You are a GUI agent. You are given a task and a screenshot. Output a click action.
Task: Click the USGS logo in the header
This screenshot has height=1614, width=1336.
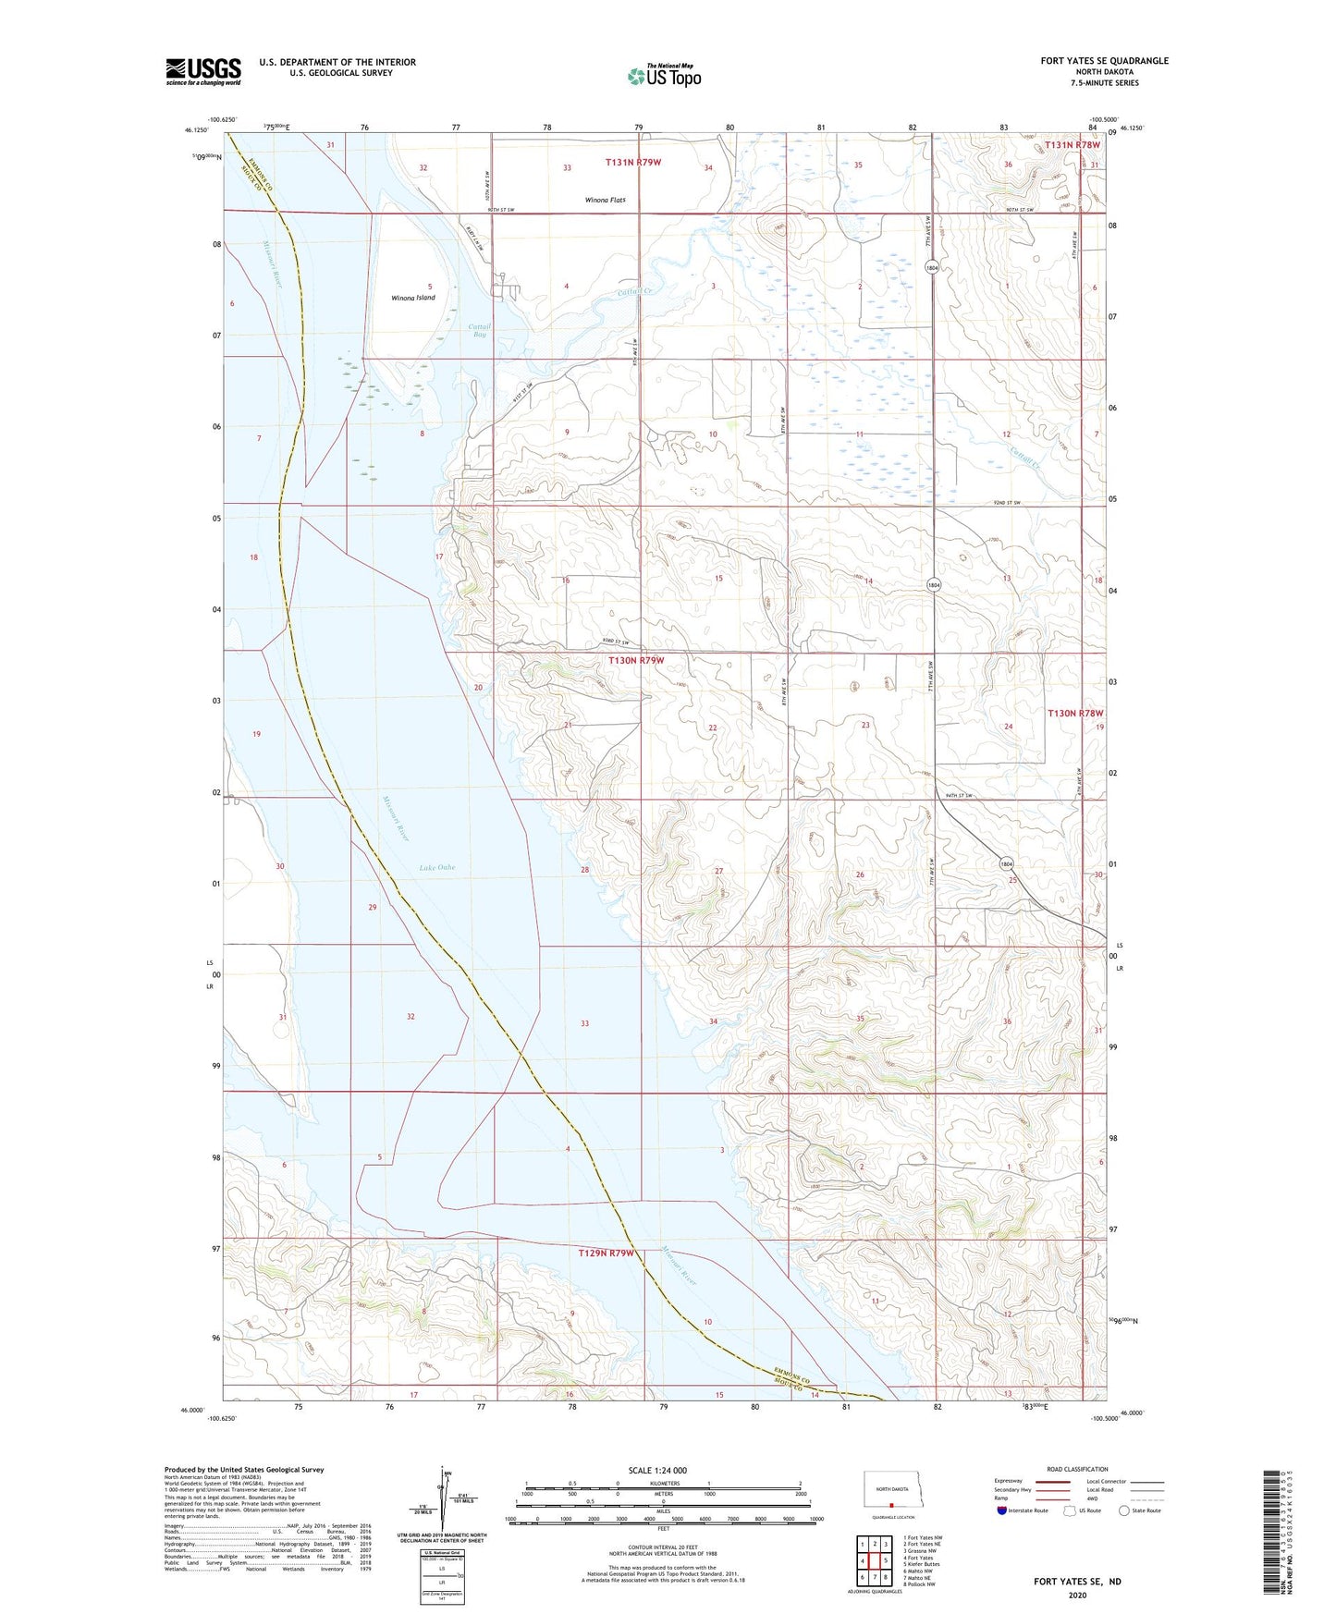pos(202,71)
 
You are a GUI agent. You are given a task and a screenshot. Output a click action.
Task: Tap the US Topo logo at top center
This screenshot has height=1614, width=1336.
pos(663,76)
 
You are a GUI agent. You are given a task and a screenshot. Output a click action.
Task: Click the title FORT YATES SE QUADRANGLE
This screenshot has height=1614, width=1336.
pos(1104,61)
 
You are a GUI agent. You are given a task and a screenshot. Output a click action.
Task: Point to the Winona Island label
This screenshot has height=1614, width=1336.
pos(412,298)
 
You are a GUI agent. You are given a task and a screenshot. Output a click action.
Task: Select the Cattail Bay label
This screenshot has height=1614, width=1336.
pos(479,330)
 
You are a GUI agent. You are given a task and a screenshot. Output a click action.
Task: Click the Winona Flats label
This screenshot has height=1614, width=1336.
pos(605,200)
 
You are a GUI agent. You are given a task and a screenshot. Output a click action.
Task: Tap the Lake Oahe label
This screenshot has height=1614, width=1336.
pos(436,867)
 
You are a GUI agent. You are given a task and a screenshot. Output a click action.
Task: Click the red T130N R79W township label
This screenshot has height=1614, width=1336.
pos(636,661)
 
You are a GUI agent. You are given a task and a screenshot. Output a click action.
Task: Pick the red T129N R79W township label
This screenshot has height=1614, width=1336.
pos(607,1253)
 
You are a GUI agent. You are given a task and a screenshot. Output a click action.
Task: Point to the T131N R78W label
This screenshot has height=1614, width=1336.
pos(1072,145)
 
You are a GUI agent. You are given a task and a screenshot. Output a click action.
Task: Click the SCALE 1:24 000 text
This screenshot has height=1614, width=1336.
pos(657,1470)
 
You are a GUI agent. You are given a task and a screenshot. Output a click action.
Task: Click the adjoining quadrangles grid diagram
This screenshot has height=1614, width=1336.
pos(874,1561)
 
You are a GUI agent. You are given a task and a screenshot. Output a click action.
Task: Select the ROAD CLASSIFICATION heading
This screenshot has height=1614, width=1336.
pos(1077,1469)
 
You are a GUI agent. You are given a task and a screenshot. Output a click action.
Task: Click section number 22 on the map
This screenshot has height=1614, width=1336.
pos(713,728)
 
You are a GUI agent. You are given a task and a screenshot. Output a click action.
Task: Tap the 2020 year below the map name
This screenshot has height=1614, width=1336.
pos(1076,1595)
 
